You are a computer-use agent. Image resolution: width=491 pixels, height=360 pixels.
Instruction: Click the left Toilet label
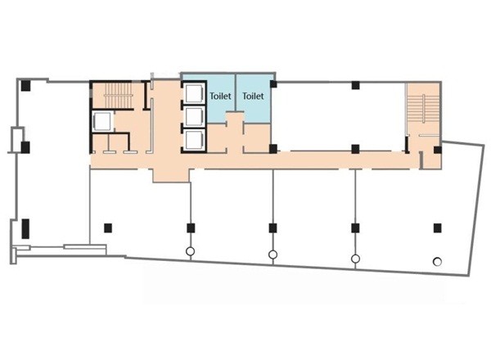click(x=220, y=96)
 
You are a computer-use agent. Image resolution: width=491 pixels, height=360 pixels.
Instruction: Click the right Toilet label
click(x=253, y=96)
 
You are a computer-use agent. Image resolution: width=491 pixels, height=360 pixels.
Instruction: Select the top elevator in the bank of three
click(x=194, y=93)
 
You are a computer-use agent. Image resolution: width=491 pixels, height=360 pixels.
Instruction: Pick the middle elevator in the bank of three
click(x=194, y=117)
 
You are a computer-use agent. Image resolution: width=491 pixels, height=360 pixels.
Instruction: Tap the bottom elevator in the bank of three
click(x=194, y=140)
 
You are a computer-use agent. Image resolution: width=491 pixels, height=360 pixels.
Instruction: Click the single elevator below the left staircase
click(x=102, y=121)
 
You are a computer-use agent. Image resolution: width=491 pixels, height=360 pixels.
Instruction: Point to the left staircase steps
click(x=119, y=95)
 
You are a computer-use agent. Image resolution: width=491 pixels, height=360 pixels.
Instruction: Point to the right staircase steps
click(x=424, y=109)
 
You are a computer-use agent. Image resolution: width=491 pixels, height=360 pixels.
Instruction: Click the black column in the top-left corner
click(x=25, y=86)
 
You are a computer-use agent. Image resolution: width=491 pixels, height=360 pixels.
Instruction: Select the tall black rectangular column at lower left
click(x=25, y=228)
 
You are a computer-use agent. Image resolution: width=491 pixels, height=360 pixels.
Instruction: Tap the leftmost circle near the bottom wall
click(x=190, y=251)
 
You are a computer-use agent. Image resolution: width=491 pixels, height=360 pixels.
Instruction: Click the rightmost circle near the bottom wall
click(x=438, y=261)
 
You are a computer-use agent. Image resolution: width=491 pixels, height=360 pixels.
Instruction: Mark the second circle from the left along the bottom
click(x=273, y=254)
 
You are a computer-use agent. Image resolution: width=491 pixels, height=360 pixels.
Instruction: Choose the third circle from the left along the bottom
click(x=355, y=259)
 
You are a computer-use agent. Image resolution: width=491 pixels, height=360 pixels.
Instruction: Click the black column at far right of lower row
click(x=438, y=228)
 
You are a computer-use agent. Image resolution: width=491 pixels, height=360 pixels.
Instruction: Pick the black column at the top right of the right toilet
click(x=273, y=84)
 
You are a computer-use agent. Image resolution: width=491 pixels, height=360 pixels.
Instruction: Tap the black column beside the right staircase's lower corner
click(x=438, y=150)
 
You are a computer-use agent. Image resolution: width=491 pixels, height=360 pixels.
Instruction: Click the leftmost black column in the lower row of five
click(x=108, y=228)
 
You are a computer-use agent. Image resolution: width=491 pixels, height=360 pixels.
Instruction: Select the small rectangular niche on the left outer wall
click(x=16, y=140)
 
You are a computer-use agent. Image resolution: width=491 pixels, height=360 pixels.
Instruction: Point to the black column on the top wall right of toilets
click(x=355, y=85)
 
